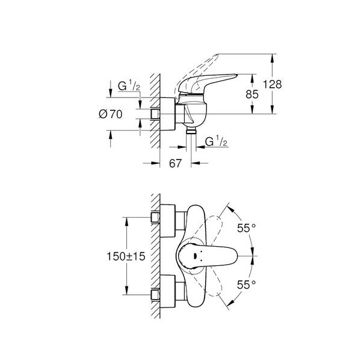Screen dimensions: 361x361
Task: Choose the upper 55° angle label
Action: [x=246, y=229]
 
